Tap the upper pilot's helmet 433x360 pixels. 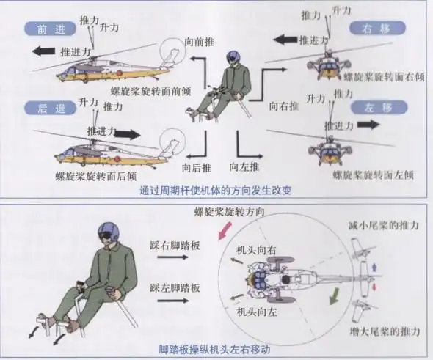tap(233, 62)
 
